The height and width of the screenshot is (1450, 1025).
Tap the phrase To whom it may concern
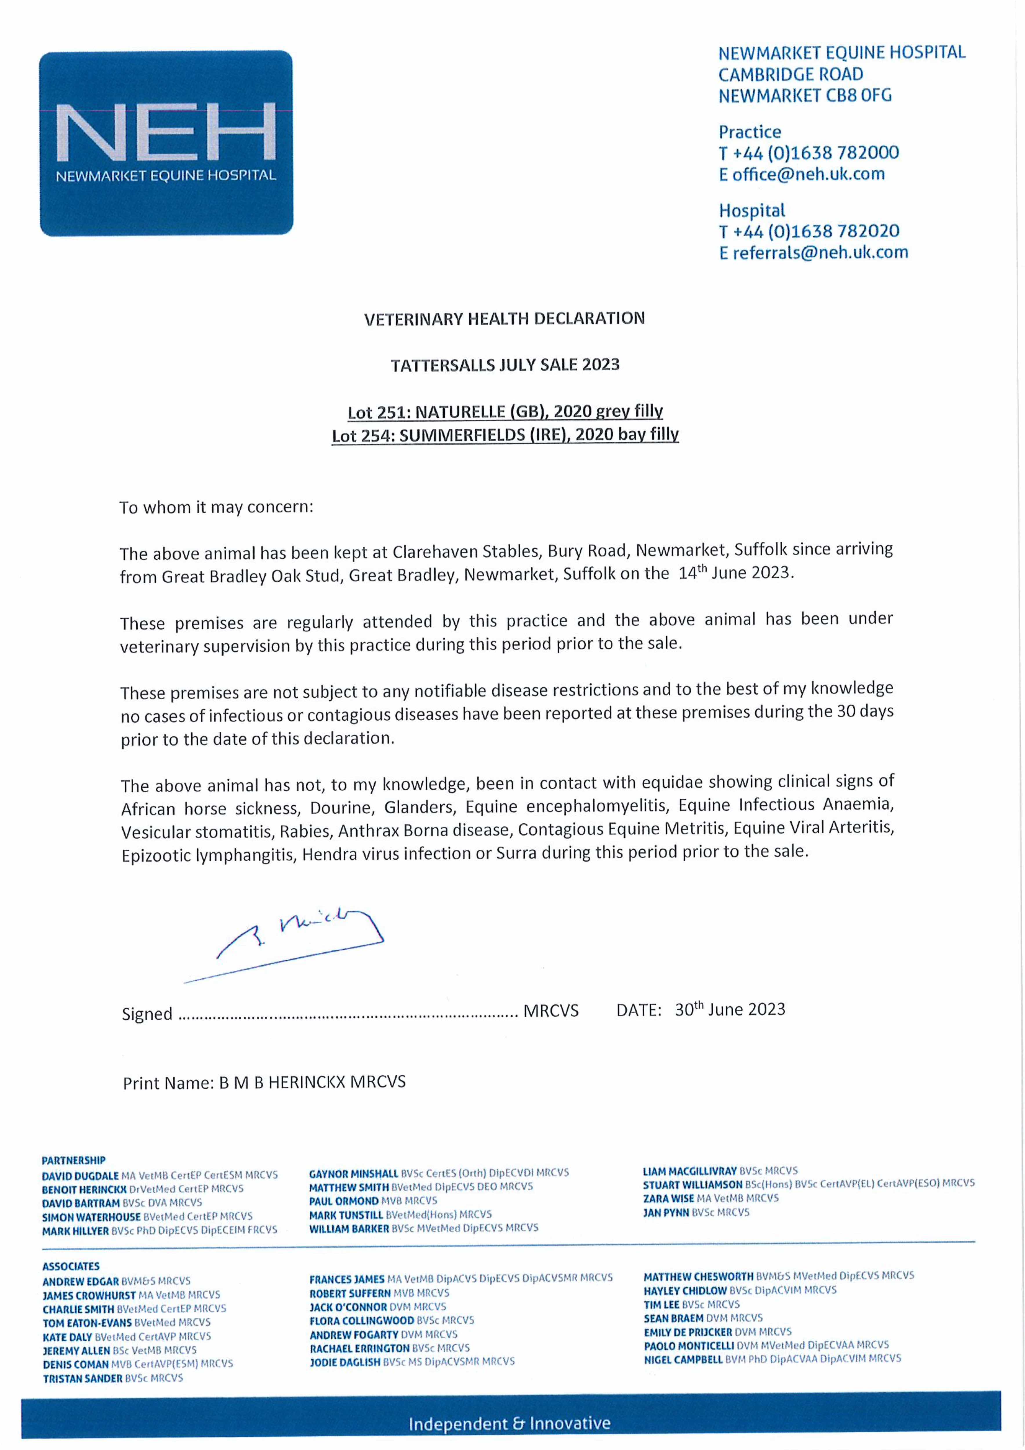216,507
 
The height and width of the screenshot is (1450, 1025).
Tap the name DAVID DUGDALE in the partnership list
80,1176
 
